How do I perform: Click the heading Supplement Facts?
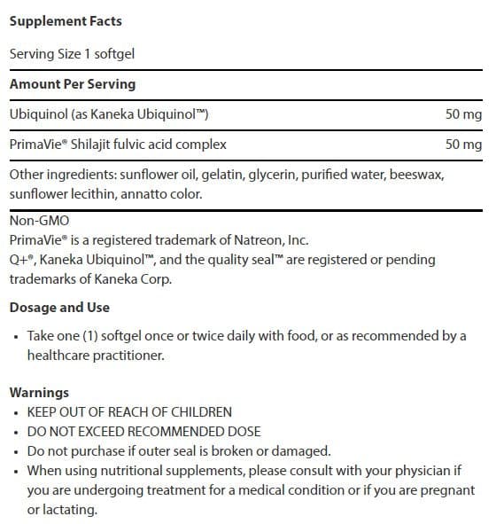pos(66,20)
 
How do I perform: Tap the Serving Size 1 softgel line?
pos(72,53)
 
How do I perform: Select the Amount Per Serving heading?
pos(73,83)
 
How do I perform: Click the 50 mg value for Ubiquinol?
pos(464,115)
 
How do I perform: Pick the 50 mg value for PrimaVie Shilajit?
pos(464,144)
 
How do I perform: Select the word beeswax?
pos(418,174)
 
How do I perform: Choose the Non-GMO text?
pos(39,222)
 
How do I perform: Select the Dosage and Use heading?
pos(59,308)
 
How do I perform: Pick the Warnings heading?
pos(39,393)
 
